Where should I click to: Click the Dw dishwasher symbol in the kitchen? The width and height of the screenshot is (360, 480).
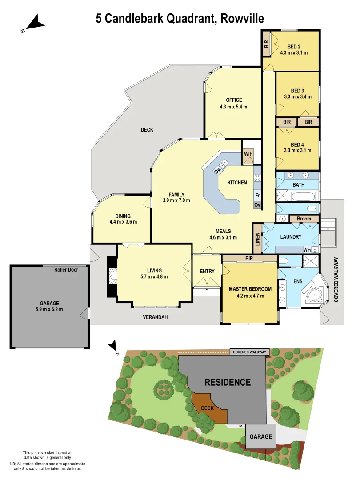click(x=218, y=171)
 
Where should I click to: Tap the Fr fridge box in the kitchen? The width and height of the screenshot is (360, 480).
click(x=257, y=195)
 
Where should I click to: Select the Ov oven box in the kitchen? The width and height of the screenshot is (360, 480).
click(x=257, y=205)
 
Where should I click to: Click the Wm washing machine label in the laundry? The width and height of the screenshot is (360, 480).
click(x=307, y=250)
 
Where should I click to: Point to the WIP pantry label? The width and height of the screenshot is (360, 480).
click(x=248, y=154)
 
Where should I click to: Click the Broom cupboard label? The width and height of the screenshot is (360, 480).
click(x=304, y=219)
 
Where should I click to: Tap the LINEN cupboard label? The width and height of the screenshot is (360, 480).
click(x=257, y=240)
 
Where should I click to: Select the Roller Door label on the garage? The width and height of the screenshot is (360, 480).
click(x=66, y=270)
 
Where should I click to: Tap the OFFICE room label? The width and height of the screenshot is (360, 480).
click(x=233, y=100)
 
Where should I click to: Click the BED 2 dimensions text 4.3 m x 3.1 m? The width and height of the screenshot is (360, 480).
click(x=294, y=52)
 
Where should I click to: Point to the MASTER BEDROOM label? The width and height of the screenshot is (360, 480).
click(x=250, y=289)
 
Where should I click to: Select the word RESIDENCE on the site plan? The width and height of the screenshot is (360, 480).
click(x=228, y=382)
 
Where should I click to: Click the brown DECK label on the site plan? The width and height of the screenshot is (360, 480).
click(x=208, y=408)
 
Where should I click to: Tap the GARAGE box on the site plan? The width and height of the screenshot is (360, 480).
click(x=260, y=436)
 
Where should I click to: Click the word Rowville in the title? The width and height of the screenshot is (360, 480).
click(x=242, y=18)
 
